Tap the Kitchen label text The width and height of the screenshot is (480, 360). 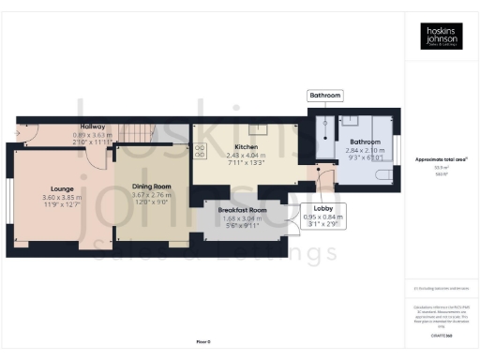[247, 147]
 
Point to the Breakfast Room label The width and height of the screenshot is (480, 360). [243, 211]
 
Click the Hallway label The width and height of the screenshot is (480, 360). [93, 127]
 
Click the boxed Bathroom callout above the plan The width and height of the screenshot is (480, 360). [325, 96]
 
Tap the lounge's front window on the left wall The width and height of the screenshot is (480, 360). [10, 200]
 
